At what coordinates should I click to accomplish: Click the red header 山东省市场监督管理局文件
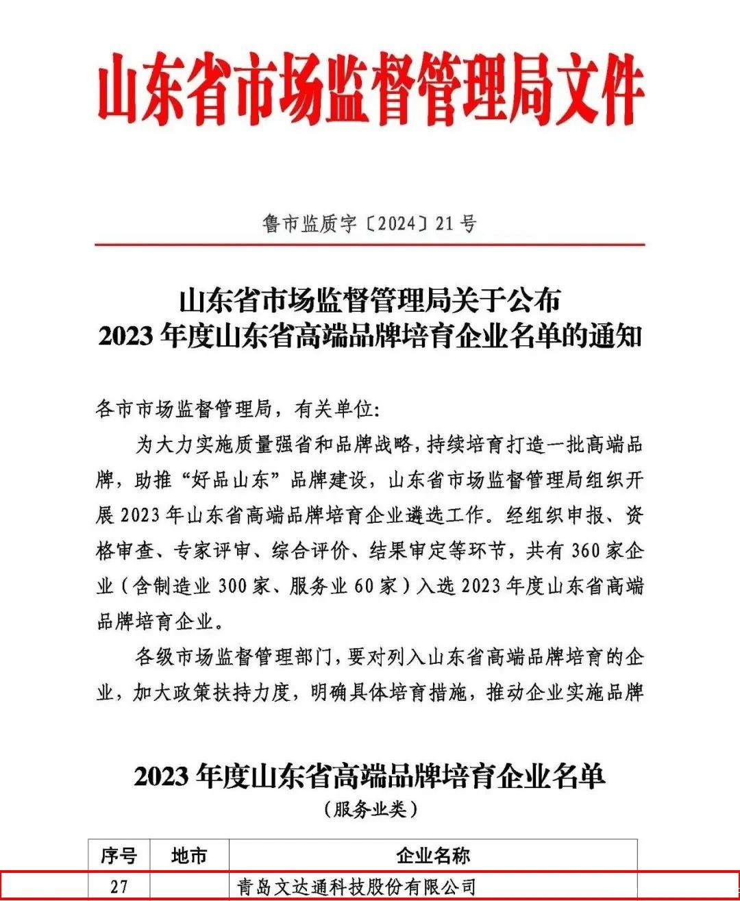370,90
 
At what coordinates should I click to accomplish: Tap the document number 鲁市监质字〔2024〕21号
369,223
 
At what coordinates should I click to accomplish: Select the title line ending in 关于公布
369,300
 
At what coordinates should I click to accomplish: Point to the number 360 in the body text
584,551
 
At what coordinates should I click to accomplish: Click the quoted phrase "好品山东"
230,480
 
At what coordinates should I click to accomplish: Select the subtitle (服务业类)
370,809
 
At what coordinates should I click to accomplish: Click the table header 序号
119,856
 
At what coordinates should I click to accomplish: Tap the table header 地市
188,856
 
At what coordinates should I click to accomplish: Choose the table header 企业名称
432,856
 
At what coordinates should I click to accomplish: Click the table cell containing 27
119,887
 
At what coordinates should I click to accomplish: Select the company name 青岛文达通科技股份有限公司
356,887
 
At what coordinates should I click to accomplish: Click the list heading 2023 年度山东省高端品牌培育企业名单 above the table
370,776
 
